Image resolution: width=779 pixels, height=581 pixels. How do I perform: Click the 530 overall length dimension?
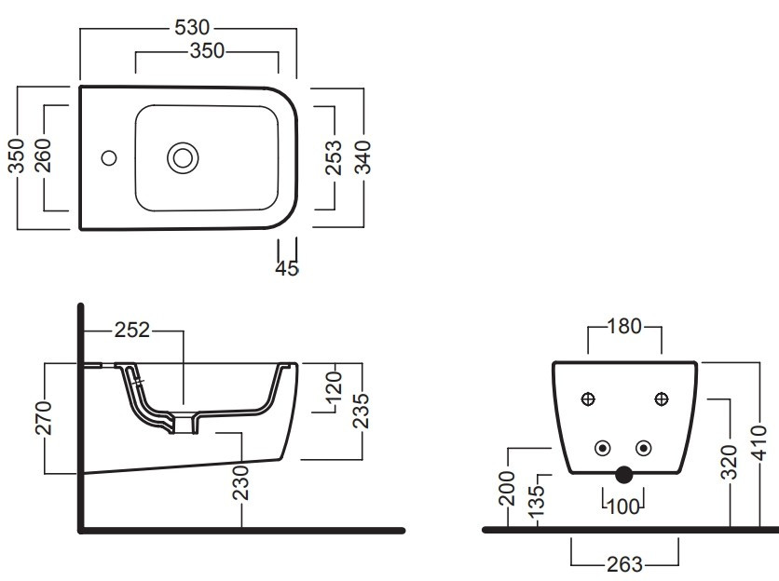tap(192, 28)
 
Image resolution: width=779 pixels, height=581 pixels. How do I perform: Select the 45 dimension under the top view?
tap(287, 268)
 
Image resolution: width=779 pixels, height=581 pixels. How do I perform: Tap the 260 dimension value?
tap(43, 155)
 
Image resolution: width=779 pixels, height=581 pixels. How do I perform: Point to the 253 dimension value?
tap(334, 157)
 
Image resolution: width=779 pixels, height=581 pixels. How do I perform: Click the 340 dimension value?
tap(363, 157)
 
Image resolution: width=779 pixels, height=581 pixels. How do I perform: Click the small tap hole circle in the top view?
tap(109, 158)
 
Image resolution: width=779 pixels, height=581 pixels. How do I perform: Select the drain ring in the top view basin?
tap(183, 158)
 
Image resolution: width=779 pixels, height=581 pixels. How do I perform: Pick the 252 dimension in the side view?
tap(132, 330)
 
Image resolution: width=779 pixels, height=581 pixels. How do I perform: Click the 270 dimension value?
tap(44, 418)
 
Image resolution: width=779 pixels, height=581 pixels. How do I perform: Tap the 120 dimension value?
tap(335, 386)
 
